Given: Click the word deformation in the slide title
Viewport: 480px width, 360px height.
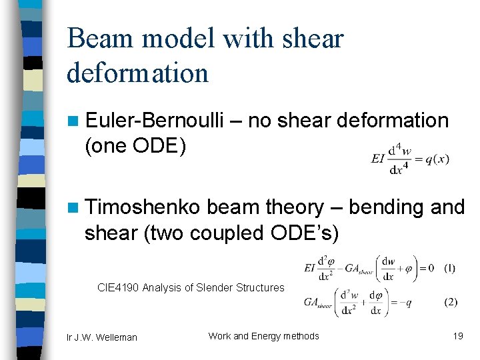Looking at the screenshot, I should click(x=137, y=72).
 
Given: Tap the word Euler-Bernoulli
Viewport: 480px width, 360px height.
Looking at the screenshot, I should click(x=167, y=120).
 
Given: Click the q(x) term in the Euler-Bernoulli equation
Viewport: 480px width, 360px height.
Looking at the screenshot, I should click(x=435, y=159).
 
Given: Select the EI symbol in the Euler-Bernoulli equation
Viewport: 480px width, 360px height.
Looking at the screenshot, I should click(x=378, y=159).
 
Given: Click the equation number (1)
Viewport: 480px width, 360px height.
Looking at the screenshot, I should click(x=450, y=268).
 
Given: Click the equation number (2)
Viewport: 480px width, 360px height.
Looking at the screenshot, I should click(x=451, y=302).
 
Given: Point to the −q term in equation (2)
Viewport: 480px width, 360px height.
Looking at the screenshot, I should click(x=404, y=302).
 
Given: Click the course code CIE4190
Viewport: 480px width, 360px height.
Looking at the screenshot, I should click(x=119, y=287).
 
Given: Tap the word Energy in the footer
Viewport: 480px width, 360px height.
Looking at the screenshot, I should click(x=271, y=336).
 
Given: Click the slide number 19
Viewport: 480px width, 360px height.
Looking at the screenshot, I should click(x=458, y=336).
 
